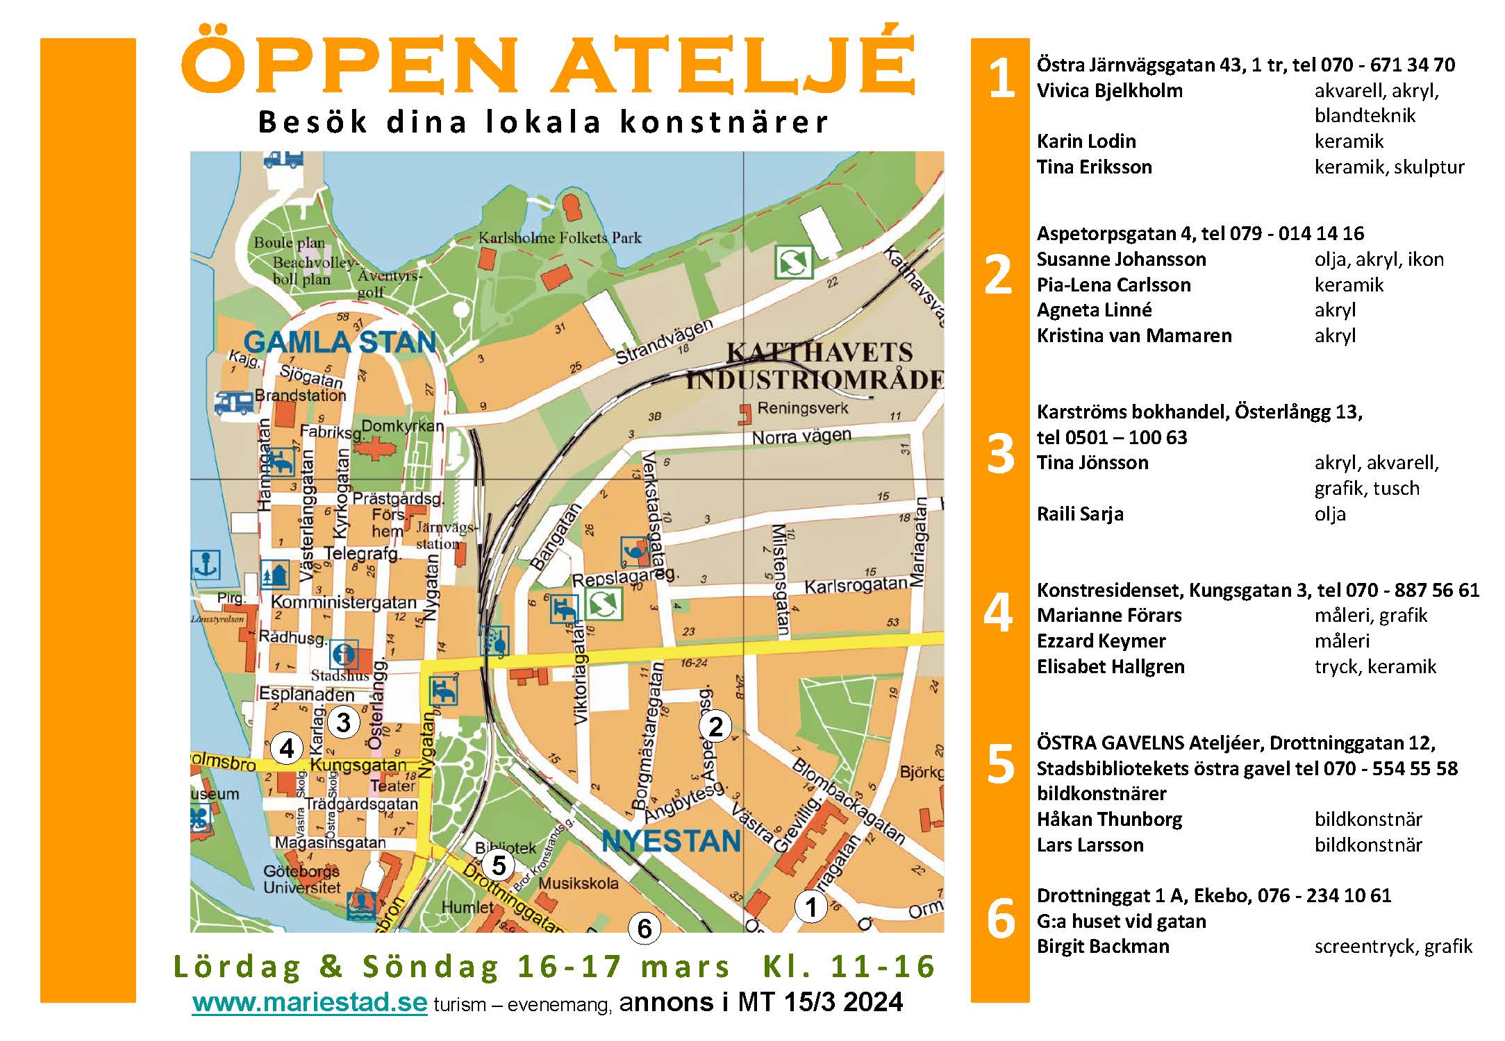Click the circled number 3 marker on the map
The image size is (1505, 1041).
click(x=343, y=722)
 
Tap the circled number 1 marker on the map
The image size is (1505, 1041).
click(x=810, y=907)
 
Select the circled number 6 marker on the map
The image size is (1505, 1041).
click(x=644, y=929)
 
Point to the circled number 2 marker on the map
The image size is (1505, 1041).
click(x=715, y=727)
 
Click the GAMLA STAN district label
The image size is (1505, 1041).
click(x=340, y=342)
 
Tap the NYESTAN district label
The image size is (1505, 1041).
click(x=671, y=841)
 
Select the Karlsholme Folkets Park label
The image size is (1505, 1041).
click(x=560, y=238)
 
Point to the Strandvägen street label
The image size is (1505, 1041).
click(x=665, y=342)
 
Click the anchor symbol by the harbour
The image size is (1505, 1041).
click(x=206, y=565)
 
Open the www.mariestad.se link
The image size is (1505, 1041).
click(x=309, y=1002)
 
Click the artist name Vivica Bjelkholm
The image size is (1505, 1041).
click(x=1109, y=91)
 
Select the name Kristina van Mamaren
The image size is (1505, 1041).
click(x=1133, y=336)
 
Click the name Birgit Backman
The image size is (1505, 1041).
click(x=1103, y=947)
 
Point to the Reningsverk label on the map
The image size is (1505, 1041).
click(x=802, y=408)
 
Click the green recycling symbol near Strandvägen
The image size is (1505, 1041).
click(x=794, y=262)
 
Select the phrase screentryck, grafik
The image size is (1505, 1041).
click(x=1392, y=947)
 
